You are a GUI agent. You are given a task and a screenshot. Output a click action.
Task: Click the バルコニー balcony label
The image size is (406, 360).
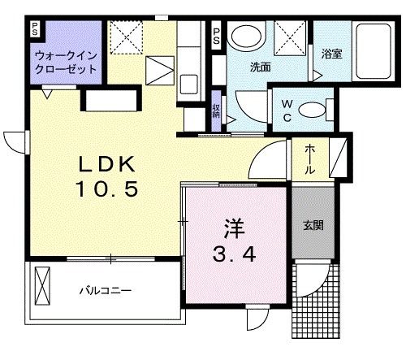pyautogui.click(x=105, y=290)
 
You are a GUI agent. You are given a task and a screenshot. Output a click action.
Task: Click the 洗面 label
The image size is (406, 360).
pyautogui.click(x=260, y=67)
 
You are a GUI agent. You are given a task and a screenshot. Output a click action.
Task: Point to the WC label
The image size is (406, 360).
pyautogui.click(x=288, y=109)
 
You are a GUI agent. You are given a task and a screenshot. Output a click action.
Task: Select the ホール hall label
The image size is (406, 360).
pyautogui.click(x=310, y=158)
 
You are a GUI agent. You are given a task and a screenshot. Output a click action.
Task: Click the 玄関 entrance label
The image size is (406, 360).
pyautogui.click(x=313, y=225)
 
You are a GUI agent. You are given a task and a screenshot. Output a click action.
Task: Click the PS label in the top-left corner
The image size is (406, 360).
pyautogui.click(x=35, y=29)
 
